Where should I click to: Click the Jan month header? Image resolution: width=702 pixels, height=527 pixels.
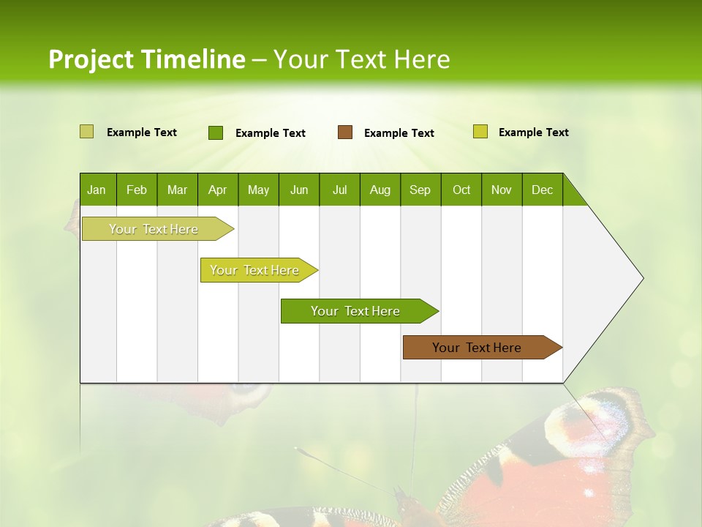[x=97, y=190]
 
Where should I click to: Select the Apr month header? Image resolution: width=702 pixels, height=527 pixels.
[x=217, y=190]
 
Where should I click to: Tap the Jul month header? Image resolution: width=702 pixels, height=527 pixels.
[x=339, y=190]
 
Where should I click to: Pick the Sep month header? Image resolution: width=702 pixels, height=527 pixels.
[x=420, y=190]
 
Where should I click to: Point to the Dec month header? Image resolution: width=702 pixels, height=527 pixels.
[x=542, y=190]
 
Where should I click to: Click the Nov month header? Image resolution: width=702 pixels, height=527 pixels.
[x=501, y=190]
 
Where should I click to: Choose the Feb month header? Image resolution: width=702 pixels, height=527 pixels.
[x=137, y=190]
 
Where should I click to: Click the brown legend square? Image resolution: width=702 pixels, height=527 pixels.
[x=345, y=132]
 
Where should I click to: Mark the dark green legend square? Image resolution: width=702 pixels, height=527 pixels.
[x=216, y=132]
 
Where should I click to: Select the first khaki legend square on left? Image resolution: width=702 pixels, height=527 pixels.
[x=87, y=132]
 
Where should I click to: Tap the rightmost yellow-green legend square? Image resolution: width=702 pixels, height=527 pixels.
[x=480, y=132]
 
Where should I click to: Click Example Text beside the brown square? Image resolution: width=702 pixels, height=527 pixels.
[x=399, y=133]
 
